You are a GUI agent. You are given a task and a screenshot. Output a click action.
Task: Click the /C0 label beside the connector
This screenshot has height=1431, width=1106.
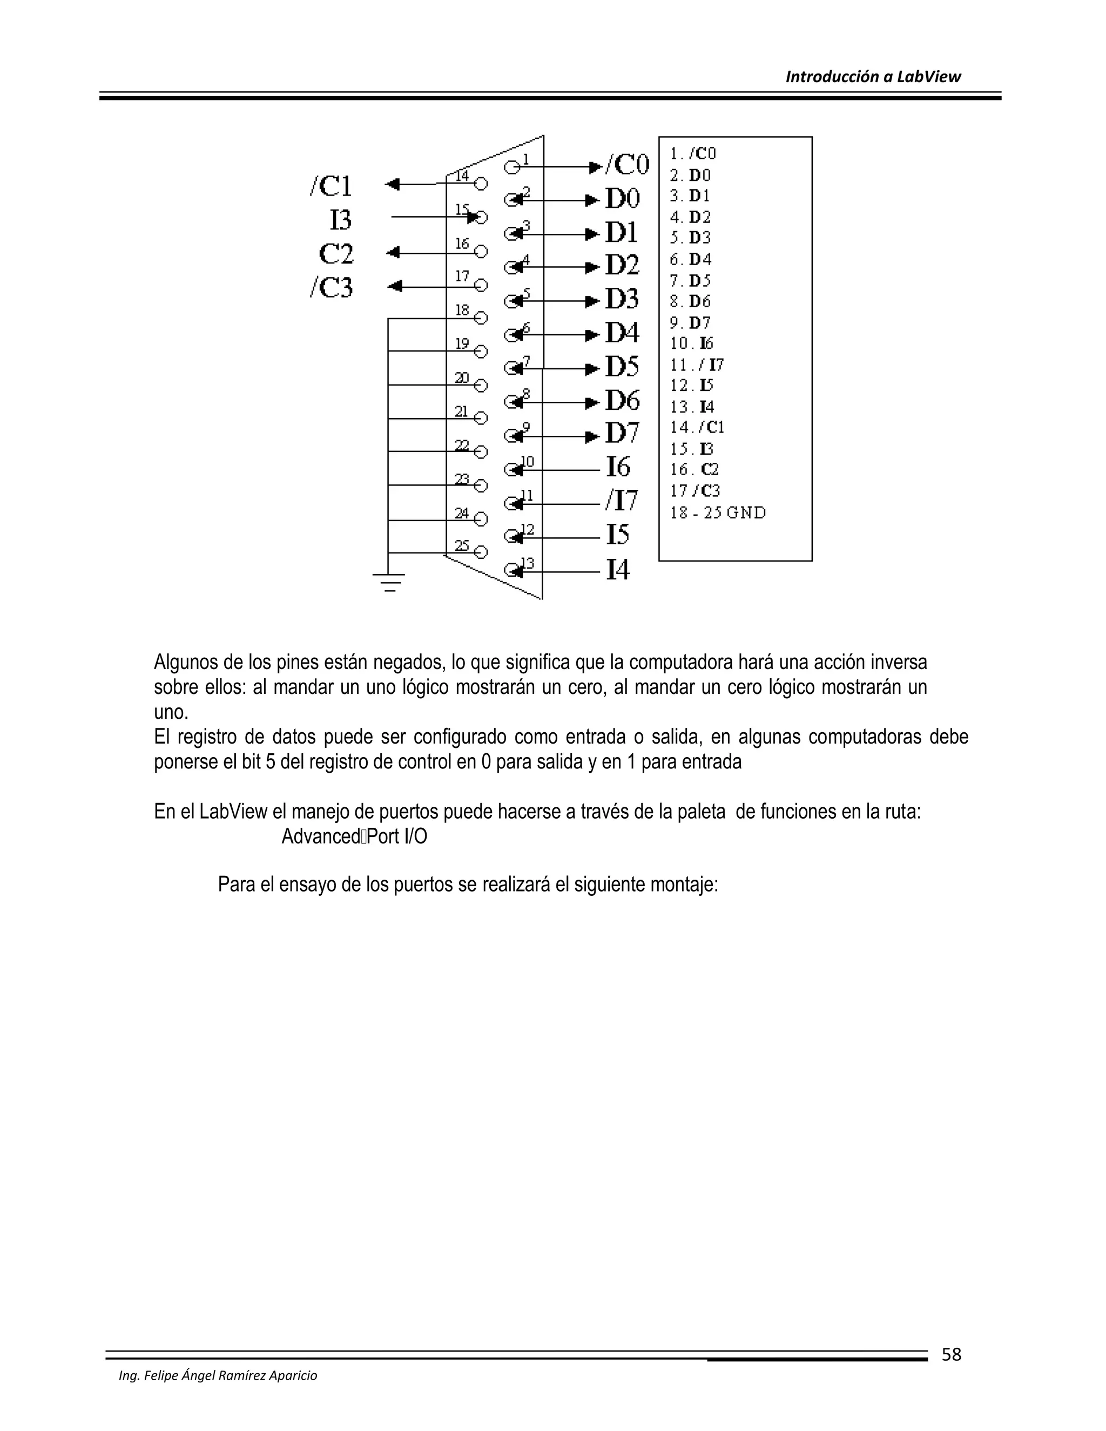click(x=626, y=165)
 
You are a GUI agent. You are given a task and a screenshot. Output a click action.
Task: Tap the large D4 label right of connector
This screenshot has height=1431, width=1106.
click(x=621, y=333)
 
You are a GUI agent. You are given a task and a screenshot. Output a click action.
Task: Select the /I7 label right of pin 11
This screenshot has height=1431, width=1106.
click(x=621, y=501)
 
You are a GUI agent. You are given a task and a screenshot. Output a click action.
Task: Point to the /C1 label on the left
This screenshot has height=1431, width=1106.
click(x=331, y=186)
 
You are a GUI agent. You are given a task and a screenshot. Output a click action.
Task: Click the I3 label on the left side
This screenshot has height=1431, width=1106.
click(x=341, y=219)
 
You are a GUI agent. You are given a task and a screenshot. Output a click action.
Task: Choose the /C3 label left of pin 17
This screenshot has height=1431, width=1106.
click(x=331, y=287)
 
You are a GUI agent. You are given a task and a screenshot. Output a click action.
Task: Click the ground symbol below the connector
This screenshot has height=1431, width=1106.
click(x=388, y=582)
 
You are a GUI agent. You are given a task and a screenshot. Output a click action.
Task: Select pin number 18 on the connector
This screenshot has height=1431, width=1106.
click(x=462, y=310)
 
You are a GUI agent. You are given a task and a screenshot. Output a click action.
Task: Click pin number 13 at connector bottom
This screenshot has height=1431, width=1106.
click(x=528, y=563)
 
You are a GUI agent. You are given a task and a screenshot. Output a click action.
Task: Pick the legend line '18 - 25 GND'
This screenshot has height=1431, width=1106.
click(x=718, y=512)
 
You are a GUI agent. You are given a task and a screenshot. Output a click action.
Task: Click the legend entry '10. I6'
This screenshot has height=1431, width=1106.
click(x=691, y=343)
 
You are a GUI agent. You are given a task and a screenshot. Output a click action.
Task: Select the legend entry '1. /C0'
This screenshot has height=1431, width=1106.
click(x=692, y=153)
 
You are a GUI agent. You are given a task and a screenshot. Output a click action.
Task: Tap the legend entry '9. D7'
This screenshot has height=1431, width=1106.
click(x=690, y=322)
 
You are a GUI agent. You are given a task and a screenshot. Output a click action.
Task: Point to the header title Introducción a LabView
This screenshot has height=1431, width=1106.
click(x=873, y=77)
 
